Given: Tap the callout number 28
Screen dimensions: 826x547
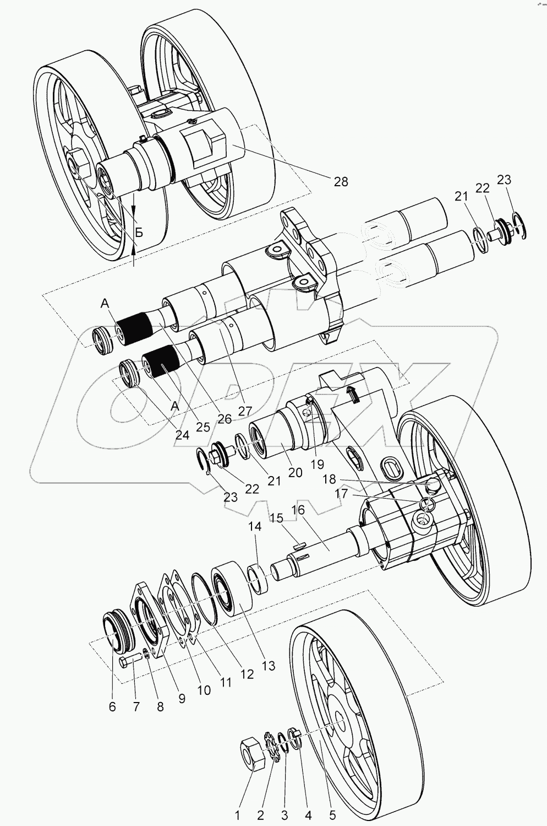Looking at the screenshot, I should pyautogui.click(x=341, y=181).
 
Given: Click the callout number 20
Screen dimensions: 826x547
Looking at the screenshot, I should pyautogui.click(x=296, y=472).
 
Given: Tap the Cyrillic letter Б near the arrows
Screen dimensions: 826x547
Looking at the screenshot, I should pyautogui.click(x=139, y=232).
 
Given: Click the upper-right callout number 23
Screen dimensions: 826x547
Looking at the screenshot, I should pyautogui.click(x=504, y=180).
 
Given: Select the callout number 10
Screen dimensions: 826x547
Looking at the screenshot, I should pyautogui.click(x=204, y=689).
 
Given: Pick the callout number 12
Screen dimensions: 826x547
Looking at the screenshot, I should pyautogui.click(x=247, y=673).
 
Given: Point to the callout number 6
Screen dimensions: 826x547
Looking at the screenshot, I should pyautogui.click(x=112, y=706).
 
